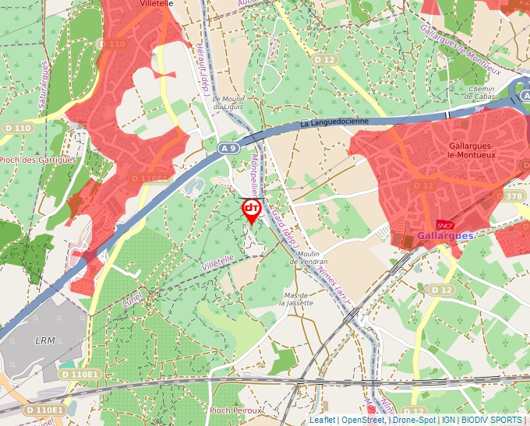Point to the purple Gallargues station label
click(x=445, y=235)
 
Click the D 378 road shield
click(x=514, y=196)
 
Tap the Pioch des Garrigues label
click(x=38, y=160)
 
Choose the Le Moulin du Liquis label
click(x=228, y=103)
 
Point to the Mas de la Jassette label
click(x=299, y=299)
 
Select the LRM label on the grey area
click(x=45, y=340)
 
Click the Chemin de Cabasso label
click(x=482, y=93)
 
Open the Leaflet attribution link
click(x=322, y=420)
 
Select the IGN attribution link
click(x=449, y=420)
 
